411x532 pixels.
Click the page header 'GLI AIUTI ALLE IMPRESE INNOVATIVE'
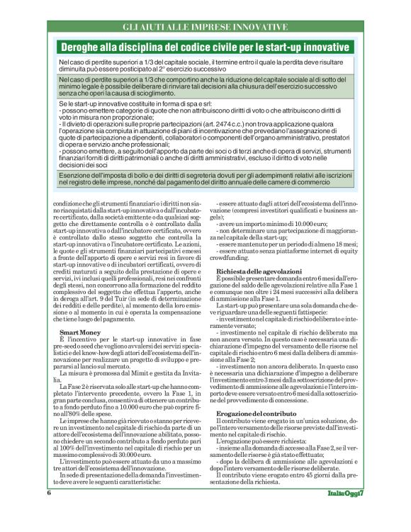coord(205,27)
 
